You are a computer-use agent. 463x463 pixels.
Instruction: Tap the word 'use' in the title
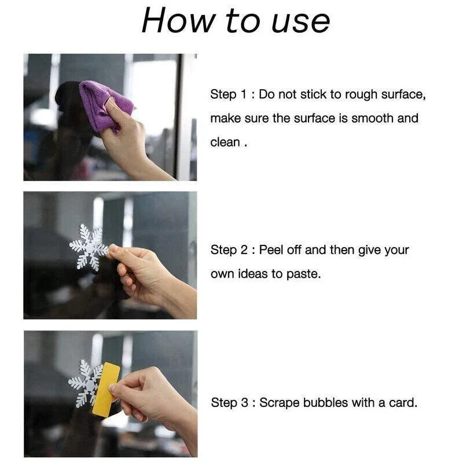pyautogui.click(x=300, y=23)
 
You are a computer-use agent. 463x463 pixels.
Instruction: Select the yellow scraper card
pyautogui.click(x=106, y=389)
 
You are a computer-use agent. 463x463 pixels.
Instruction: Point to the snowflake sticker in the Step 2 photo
pyautogui.click(x=89, y=248)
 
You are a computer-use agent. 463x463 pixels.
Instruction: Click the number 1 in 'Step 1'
pyautogui.click(x=244, y=95)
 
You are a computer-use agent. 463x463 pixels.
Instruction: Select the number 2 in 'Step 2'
pyautogui.click(x=244, y=250)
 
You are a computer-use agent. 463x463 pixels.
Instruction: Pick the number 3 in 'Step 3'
pyautogui.click(x=244, y=403)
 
